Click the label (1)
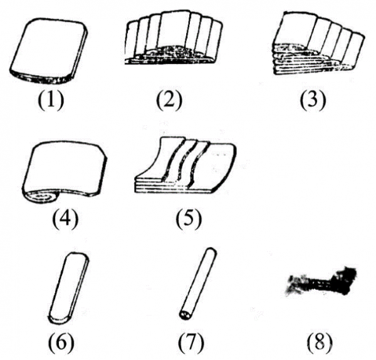[51, 100]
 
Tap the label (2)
[169, 100]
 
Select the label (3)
[313, 100]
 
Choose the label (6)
[61, 341]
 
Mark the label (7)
[191, 341]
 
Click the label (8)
[320, 341]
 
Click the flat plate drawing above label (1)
[49, 51]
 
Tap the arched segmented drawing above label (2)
[174, 38]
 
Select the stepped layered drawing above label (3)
[318, 44]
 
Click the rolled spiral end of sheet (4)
[41, 197]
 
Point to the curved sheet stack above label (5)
[185, 165]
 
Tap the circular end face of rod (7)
[185, 314]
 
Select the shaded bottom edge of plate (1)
[41, 78]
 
